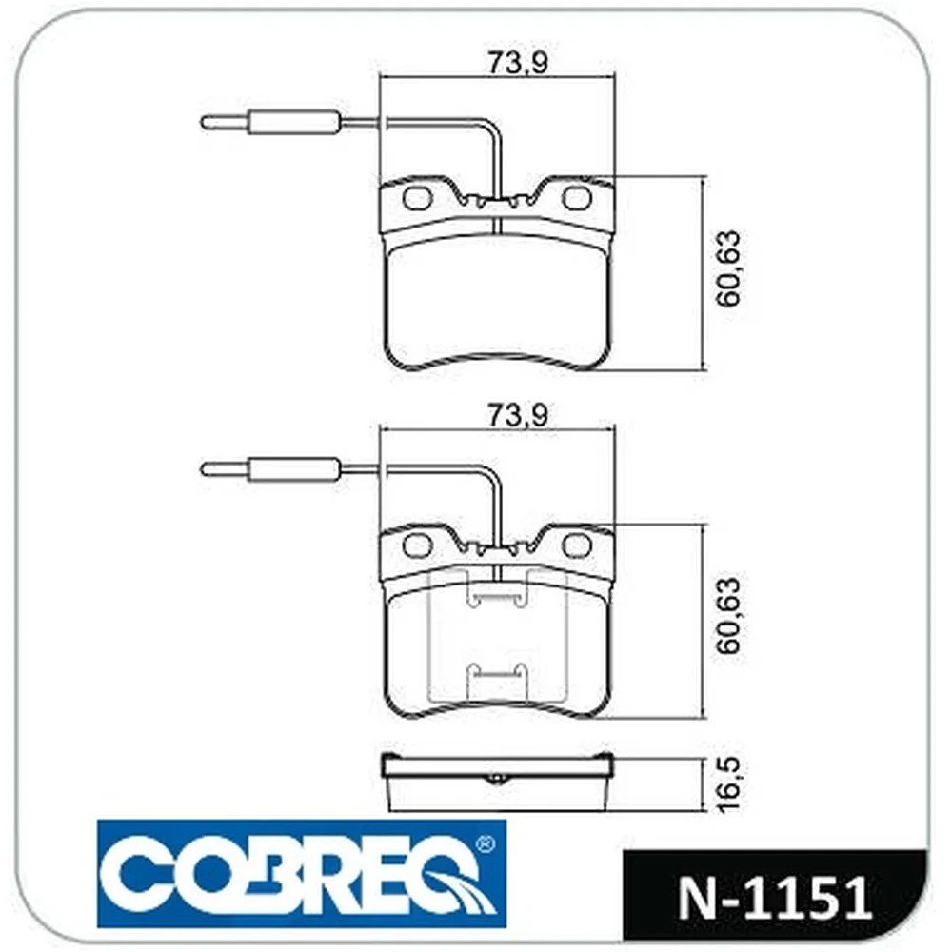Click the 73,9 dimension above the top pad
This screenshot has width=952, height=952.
point(517,63)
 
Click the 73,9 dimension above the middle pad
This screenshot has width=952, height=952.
point(517,415)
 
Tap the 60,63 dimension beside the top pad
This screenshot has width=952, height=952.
point(729,268)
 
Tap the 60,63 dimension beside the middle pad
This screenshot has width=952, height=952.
point(729,615)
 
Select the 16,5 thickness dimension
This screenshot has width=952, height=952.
point(729,783)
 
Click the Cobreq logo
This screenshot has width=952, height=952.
point(302,874)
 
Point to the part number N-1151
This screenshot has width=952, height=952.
point(774,898)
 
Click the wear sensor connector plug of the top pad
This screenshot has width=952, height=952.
point(269,123)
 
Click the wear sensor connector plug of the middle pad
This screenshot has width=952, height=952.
point(269,468)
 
